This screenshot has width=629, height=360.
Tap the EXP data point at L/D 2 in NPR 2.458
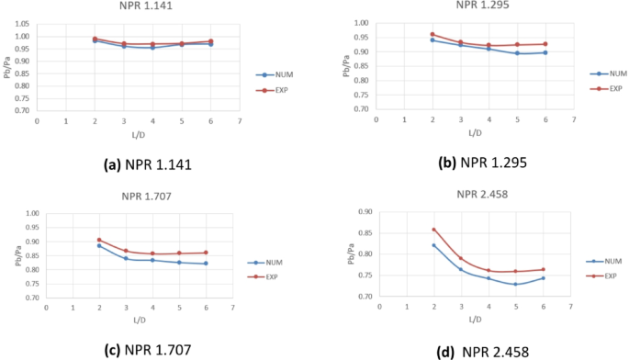click(x=433, y=230)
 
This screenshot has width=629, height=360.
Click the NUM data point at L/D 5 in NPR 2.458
click(x=515, y=284)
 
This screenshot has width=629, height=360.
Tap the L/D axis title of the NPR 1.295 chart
click(x=474, y=132)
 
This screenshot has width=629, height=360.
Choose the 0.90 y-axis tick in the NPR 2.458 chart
click(x=364, y=212)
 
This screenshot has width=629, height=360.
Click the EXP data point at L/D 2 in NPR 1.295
click(x=432, y=35)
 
